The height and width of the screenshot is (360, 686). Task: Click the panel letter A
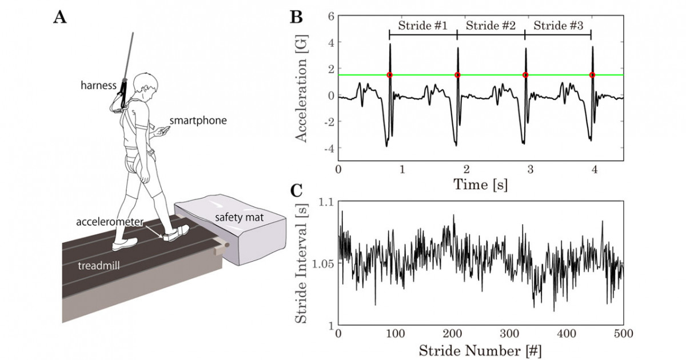[59, 17]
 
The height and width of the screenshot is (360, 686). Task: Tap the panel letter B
[296, 17]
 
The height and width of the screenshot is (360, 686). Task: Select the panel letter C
[296, 190]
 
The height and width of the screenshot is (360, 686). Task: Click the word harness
[98, 85]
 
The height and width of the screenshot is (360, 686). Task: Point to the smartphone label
[198, 121]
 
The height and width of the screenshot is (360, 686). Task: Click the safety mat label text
[239, 218]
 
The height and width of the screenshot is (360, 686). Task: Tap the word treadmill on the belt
[98, 265]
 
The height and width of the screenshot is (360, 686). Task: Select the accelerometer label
[110, 222]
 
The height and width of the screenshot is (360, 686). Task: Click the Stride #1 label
[422, 25]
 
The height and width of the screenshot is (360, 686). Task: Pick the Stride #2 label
[490, 25]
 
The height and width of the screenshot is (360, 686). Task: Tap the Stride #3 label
[559, 25]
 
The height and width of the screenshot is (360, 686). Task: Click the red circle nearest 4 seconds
[592, 75]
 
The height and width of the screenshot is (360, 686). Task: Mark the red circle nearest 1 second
[389, 75]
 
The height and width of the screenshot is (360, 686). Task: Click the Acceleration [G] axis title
[302, 89]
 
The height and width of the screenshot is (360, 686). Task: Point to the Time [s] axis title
[480, 185]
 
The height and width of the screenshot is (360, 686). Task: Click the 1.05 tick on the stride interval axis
[323, 263]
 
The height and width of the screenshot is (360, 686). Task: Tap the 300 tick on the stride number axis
[509, 333]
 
